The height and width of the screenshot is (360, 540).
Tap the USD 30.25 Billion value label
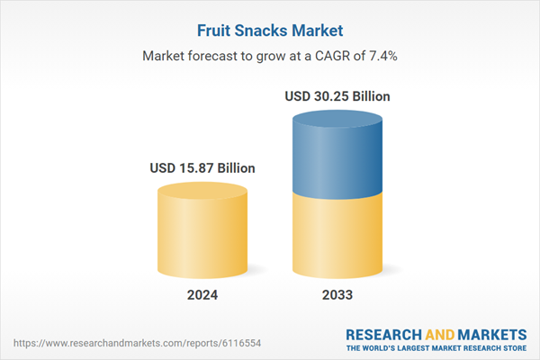(x=337, y=95)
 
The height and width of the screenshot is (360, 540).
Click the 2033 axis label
(x=337, y=295)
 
